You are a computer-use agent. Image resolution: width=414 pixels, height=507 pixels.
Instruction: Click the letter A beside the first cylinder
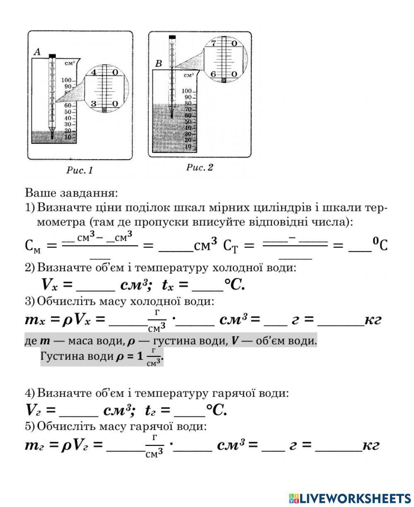pyautogui.click(x=37, y=52)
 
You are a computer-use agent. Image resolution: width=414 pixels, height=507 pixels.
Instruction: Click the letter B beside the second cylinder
pyautogui.click(x=158, y=64)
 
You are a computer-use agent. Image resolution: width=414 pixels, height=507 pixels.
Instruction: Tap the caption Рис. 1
pyautogui.click(x=79, y=170)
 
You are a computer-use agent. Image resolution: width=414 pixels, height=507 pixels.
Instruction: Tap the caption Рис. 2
pyautogui.click(x=200, y=167)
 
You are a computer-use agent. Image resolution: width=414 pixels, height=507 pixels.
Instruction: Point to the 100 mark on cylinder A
pyautogui.click(x=67, y=80)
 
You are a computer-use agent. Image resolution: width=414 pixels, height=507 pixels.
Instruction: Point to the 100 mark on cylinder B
pyautogui.click(x=187, y=91)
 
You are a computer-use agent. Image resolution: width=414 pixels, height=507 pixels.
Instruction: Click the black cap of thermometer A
pyautogui.click(x=52, y=56)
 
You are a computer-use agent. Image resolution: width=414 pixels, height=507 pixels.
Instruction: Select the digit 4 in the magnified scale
pyautogui.click(x=94, y=72)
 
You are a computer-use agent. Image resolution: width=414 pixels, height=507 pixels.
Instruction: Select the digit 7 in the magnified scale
pyautogui.click(x=214, y=43)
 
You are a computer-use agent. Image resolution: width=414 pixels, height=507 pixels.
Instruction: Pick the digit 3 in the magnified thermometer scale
pyautogui.click(x=94, y=104)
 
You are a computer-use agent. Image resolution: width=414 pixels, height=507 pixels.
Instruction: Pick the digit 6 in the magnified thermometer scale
pyautogui.click(x=214, y=74)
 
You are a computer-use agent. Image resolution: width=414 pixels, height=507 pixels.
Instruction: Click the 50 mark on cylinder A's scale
pyautogui.click(x=69, y=112)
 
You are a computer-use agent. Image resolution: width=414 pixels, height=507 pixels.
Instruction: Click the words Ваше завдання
pyautogui.click(x=71, y=193)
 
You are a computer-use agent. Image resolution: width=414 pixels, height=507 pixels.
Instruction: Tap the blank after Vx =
pyautogui.click(x=96, y=286)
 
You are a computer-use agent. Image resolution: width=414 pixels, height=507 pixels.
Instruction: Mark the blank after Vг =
pyautogui.click(x=79, y=411)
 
